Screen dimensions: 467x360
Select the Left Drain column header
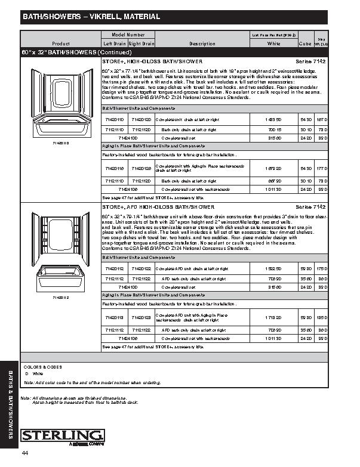[x=115, y=44]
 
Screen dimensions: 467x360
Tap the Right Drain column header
[x=141, y=44]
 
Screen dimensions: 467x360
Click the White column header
[x=274, y=44]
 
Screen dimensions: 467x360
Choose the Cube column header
[x=304, y=44]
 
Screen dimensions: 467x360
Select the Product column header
[x=61, y=44]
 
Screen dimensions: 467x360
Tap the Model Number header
[x=128, y=35]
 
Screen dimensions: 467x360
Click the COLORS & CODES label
[x=43, y=367]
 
